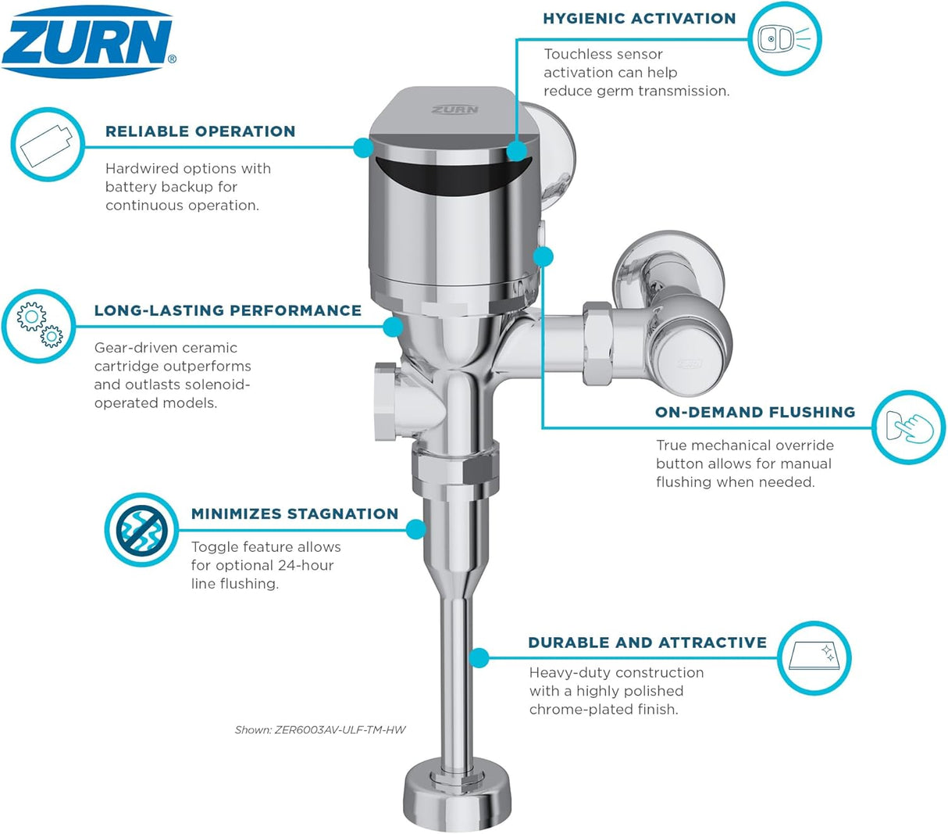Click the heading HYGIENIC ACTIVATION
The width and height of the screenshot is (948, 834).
point(639,18)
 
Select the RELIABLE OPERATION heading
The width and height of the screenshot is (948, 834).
point(200,131)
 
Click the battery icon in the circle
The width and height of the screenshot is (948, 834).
point(47,145)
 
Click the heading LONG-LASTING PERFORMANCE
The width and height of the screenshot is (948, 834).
point(227,310)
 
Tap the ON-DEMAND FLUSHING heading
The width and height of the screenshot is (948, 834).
point(754,412)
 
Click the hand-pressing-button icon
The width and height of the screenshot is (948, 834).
point(908,427)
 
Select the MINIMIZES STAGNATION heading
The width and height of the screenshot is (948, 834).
point(294,514)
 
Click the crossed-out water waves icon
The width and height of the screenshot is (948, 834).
point(141,529)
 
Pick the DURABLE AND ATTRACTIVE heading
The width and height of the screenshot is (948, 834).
point(647,643)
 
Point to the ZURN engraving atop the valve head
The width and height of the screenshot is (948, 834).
point(454,109)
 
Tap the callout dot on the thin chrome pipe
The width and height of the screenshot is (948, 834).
point(479,657)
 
